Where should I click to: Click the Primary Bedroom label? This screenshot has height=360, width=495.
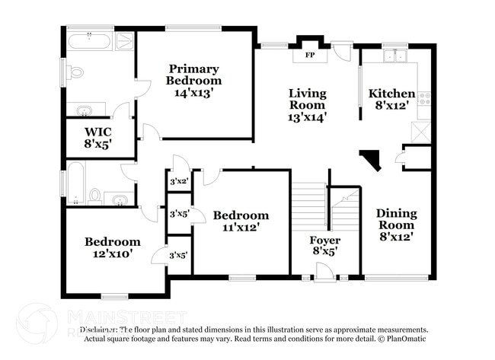(x=194, y=75)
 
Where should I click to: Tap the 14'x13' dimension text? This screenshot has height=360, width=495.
(x=194, y=93)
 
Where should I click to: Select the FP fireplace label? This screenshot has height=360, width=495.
(x=310, y=56)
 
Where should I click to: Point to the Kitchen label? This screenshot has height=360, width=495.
(x=391, y=94)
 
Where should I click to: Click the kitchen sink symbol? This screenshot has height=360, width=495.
(x=395, y=56)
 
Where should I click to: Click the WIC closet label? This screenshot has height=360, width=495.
(x=97, y=131)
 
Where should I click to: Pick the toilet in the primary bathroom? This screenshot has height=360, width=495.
(x=75, y=73)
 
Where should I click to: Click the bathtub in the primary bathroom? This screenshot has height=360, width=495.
(x=90, y=40)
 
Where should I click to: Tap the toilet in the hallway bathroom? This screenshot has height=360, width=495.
(x=95, y=196)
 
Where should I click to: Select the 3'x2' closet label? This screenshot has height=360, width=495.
(x=178, y=181)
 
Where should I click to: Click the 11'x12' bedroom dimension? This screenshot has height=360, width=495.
(x=241, y=228)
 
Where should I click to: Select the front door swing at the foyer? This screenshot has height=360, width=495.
(x=324, y=272)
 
